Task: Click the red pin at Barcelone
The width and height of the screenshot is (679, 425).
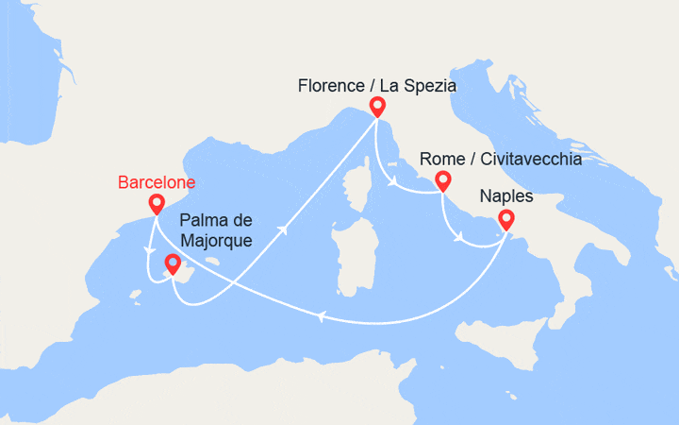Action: coord(157,203)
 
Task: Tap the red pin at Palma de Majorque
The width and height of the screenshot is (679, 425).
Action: coord(173,263)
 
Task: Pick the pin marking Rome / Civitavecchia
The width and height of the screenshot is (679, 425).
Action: coord(441,181)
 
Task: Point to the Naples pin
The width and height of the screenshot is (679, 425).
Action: coord(505,220)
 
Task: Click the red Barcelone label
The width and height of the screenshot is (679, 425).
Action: coord(156,180)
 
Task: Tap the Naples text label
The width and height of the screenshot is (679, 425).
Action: coord(506,196)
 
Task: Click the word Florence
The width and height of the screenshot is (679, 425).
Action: coord(329,85)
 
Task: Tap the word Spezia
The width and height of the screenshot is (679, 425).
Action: coord(430,85)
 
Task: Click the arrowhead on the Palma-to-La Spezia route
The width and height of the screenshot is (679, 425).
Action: coord(284,229)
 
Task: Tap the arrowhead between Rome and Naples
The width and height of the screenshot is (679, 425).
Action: coord(459,237)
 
